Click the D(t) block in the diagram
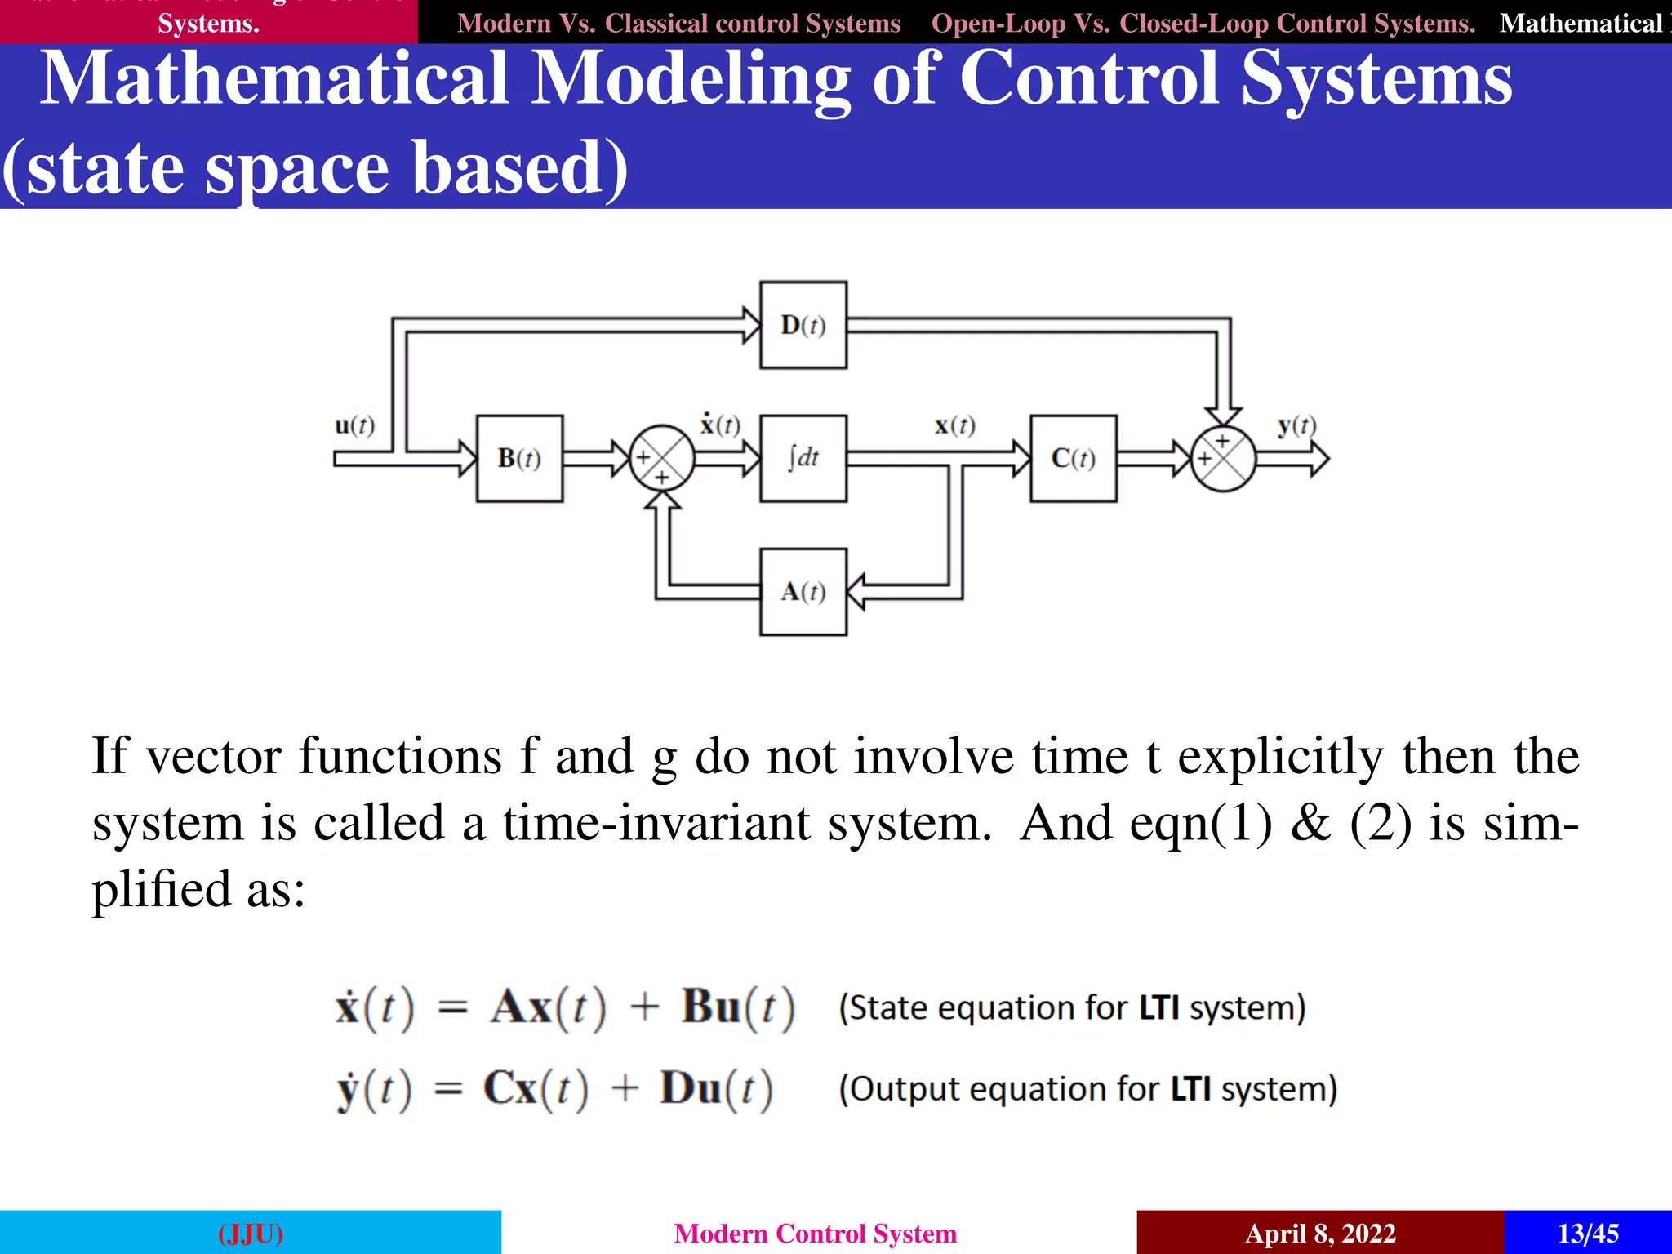point(803,325)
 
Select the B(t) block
point(519,458)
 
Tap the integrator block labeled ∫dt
point(803,458)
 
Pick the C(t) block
point(1073,458)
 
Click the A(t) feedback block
point(803,592)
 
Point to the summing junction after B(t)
point(662,458)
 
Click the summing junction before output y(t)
point(1223,458)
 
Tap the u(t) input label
point(354,425)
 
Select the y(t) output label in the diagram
point(1296,425)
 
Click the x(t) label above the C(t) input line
point(954,425)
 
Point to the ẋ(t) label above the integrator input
point(719,425)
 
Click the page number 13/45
point(1588,1233)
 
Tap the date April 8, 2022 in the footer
point(1320,1233)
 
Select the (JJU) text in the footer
point(251,1233)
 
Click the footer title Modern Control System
point(815,1233)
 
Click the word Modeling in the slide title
point(691,80)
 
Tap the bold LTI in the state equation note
point(1158,1007)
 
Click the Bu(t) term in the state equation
point(737,1007)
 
